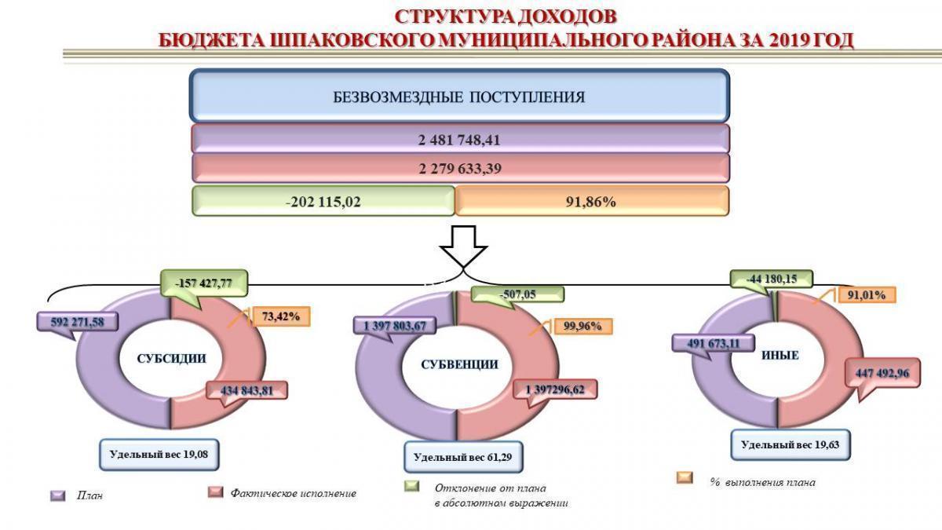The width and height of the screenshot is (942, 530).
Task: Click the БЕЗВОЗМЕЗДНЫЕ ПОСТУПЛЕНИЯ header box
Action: (459, 97)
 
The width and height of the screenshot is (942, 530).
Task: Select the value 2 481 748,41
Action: (459, 140)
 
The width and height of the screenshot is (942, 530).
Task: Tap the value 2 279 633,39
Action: (459, 169)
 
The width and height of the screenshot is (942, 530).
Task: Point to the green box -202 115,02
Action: (323, 201)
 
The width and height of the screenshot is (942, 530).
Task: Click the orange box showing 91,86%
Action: (591, 201)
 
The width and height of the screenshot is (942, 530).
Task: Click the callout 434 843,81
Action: (246, 390)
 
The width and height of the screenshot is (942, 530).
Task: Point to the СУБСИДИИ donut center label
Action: (171, 358)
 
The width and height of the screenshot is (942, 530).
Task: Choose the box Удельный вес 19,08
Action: (158, 453)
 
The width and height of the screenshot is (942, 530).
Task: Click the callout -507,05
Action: (517, 294)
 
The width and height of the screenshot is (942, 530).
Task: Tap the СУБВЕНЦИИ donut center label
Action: (459, 364)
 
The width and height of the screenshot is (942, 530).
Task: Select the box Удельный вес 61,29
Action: (463, 456)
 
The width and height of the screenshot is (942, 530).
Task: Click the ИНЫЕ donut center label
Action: (780, 355)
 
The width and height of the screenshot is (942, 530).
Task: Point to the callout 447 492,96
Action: (882, 373)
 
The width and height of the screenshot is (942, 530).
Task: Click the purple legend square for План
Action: (57, 495)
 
